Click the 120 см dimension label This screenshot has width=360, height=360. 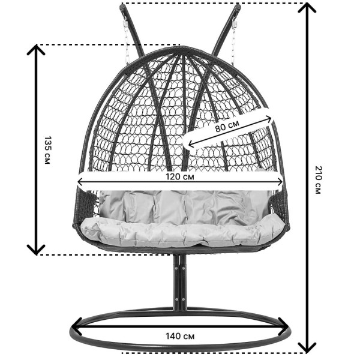[x=180, y=176]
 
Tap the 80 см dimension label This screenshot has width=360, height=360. [x=227, y=125]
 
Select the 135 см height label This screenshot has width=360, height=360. [x=47, y=150]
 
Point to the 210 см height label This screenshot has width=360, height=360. [x=318, y=180]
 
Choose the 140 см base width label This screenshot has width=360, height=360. [x=180, y=337]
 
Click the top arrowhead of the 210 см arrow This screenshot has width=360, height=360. [x=307, y=8]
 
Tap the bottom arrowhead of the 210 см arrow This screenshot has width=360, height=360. [x=307, y=347]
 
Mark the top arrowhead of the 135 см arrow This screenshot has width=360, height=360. [x=36, y=50]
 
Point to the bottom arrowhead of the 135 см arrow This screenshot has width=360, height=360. [x=36, y=250]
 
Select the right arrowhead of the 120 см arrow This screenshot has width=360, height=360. [x=280, y=182]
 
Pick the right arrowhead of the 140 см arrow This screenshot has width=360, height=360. [x=284, y=326]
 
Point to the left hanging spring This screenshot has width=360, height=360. [x=125, y=25]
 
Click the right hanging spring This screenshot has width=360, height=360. [x=235, y=25]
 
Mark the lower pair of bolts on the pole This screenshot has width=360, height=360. [x=180, y=299]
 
